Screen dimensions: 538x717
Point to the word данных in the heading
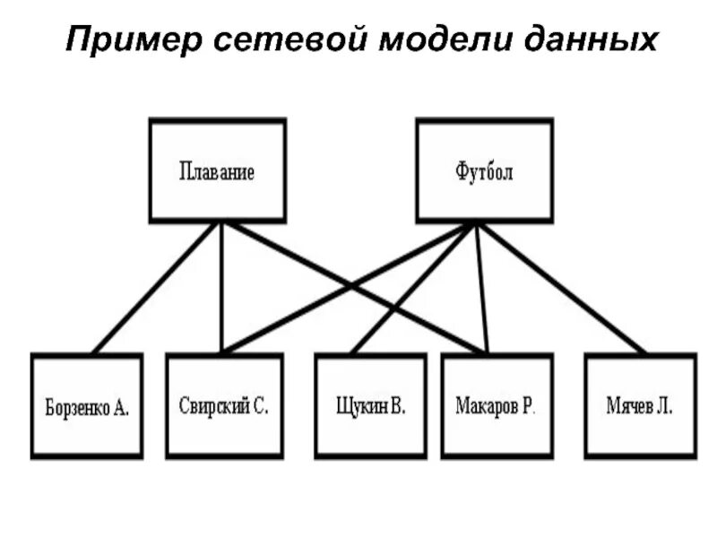pos(592,40)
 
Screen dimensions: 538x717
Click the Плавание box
pos(217,170)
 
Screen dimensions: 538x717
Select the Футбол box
pos(485,170)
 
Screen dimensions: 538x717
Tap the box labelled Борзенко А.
pos(87,406)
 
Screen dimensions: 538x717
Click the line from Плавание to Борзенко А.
pos(154,288)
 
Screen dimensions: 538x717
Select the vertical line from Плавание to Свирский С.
pos(220,296)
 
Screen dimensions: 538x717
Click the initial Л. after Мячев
pos(663,405)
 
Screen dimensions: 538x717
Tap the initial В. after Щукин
pos(398,405)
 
